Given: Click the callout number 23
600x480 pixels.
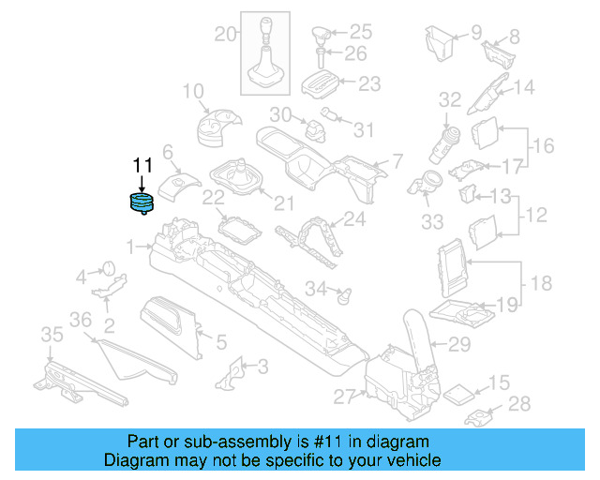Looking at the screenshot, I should click(x=369, y=83).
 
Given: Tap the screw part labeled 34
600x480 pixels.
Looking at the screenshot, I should click(x=343, y=293).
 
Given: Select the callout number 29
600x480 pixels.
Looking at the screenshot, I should click(x=458, y=345).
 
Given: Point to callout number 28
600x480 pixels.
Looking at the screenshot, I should click(x=518, y=404).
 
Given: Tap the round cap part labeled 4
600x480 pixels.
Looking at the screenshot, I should click(x=106, y=269).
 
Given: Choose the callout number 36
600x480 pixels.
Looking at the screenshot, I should click(x=82, y=320).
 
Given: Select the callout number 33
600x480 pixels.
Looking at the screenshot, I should click(x=431, y=222).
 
